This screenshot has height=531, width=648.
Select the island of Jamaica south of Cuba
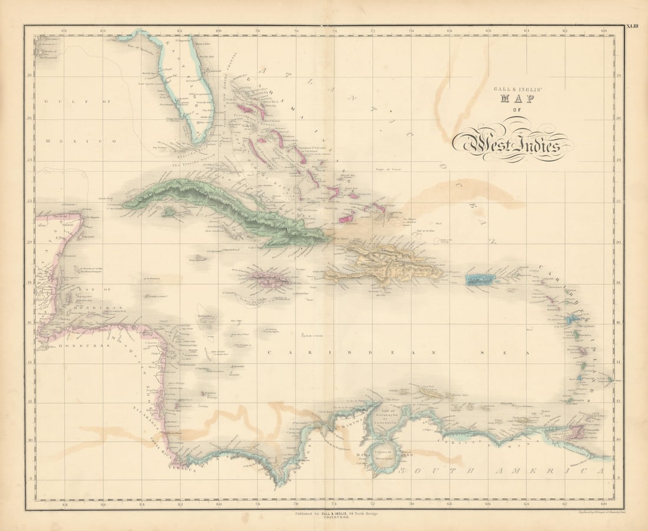pyautogui.click(x=268, y=279)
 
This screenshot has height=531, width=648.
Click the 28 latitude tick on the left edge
pyautogui.click(x=29, y=75)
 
